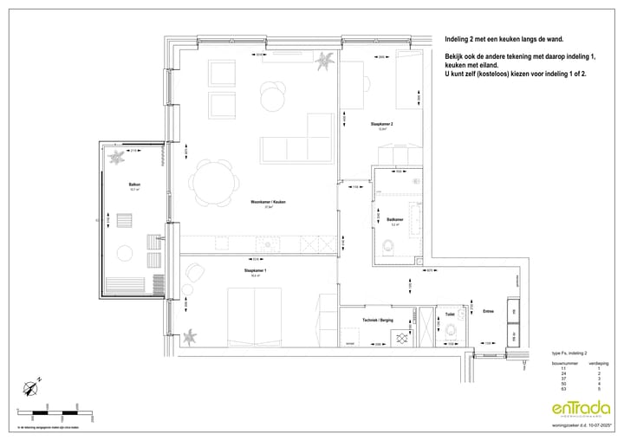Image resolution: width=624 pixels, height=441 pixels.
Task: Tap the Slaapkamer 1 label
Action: tap(255, 271)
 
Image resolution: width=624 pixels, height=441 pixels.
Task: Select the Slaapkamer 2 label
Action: tap(381, 124)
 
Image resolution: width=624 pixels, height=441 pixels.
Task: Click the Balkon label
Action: tap(134, 184)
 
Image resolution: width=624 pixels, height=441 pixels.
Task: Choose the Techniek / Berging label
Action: tap(378, 320)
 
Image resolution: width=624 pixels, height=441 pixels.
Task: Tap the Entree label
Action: tap(488, 311)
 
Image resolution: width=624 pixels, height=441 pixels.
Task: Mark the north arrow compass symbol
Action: tap(32, 388)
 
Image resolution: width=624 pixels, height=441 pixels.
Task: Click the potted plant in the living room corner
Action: tap(326, 62)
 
